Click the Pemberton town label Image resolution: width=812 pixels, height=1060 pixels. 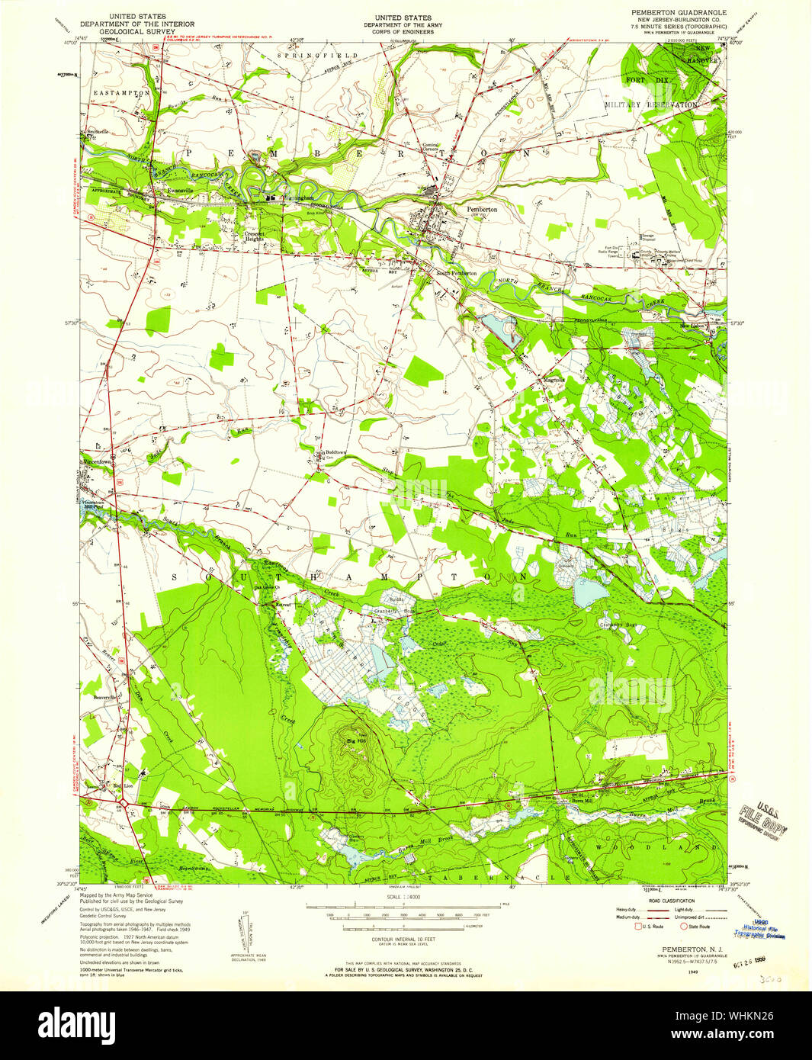pyautogui.click(x=482, y=209)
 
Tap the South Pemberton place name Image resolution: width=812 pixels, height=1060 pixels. pyautogui.click(x=456, y=273)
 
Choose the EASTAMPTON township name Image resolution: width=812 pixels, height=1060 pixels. pyautogui.click(x=121, y=92)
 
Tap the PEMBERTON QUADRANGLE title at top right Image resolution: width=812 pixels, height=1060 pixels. pyautogui.click(x=678, y=13)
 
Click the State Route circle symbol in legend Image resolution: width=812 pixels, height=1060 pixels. pyautogui.click(x=683, y=927)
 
